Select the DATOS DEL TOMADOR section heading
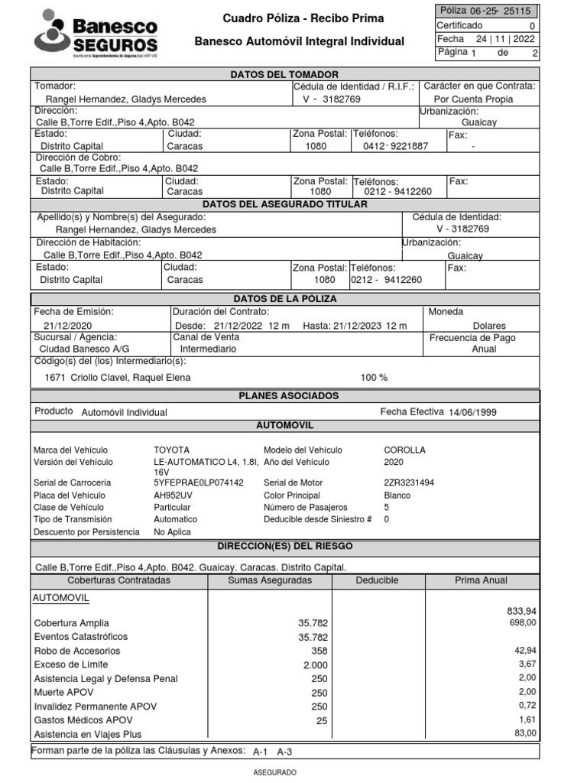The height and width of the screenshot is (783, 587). (x=284, y=74)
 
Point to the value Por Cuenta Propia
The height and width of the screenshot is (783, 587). (x=473, y=99)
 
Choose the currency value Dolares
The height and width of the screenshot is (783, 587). (x=489, y=326)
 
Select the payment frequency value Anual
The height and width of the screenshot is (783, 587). (x=485, y=349)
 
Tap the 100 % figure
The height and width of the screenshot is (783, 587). (x=374, y=378)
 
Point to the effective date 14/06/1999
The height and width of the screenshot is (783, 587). (x=472, y=412)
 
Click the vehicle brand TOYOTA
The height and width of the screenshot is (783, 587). (x=172, y=450)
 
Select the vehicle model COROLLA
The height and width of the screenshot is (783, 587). (x=404, y=450)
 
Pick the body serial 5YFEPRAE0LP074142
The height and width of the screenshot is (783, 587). (x=199, y=483)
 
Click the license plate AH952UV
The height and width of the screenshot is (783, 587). (x=174, y=495)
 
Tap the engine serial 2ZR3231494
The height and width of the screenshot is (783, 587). (x=409, y=483)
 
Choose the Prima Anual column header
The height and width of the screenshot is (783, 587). (x=481, y=581)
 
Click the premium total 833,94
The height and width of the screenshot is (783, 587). (x=521, y=611)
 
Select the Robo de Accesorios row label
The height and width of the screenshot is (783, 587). (x=77, y=651)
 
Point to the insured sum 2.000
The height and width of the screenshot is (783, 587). (x=315, y=665)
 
